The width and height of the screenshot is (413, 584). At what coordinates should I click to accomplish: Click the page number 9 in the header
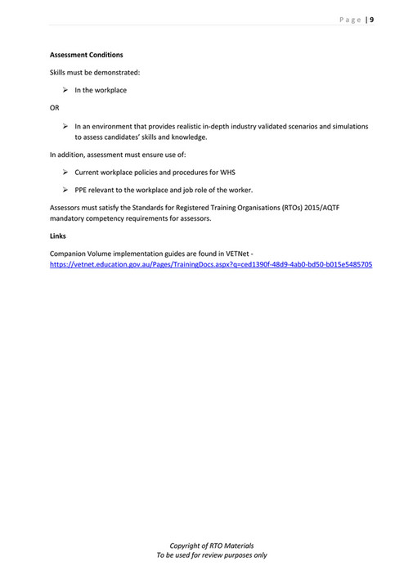click(x=371, y=20)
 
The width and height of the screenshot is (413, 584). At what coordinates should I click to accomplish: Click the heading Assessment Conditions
click(x=86, y=55)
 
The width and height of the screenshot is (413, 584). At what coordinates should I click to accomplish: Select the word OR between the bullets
click(x=55, y=107)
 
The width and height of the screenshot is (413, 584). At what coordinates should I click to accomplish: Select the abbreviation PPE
click(x=82, y=190)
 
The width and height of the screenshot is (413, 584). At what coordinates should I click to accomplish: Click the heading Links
click(x=58, y=236)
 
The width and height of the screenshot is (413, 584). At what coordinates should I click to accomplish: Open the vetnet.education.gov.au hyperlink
click(x=211, y=265)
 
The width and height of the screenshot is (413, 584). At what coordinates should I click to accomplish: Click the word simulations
click(x=348, y=126)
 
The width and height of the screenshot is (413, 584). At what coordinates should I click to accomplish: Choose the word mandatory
click(x=70, y=218)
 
